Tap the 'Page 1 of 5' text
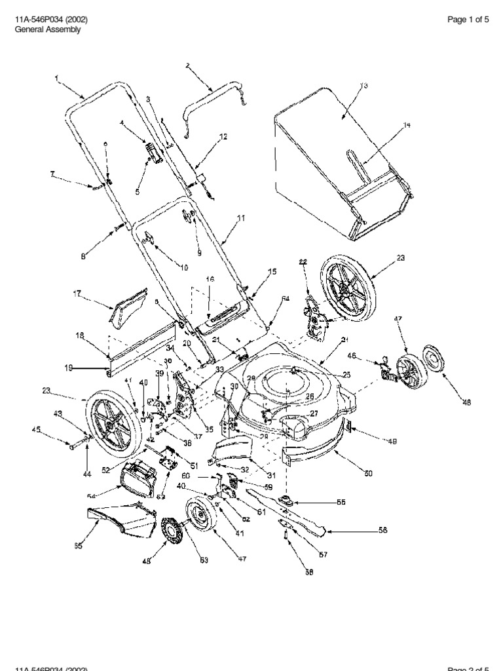pos(468,20)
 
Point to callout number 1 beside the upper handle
pos(57,78)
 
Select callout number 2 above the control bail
pos(187,66)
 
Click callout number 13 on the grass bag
pos(365,86)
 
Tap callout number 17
pos(77,294)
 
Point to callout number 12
pos(223,137)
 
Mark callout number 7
pos(52,174)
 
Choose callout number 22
pos(303,262)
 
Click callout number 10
pos(184,267)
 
